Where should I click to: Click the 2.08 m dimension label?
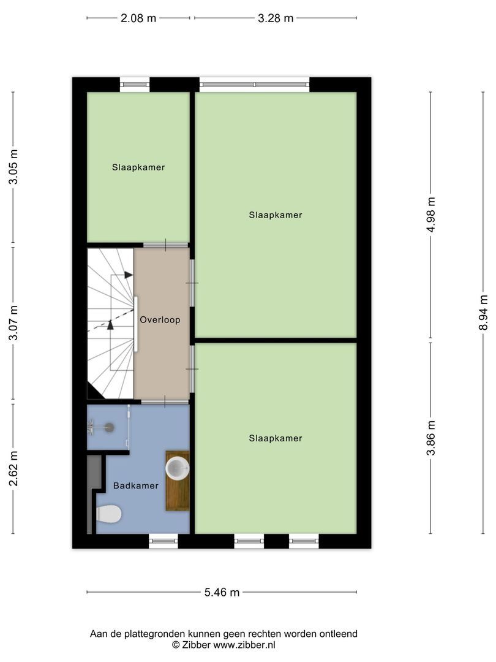138,18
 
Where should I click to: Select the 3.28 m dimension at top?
276,18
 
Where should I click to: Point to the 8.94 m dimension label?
483,312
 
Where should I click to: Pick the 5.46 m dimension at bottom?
222,592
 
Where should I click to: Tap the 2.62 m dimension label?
13,469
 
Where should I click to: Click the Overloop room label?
160,320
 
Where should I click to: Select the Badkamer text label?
136,485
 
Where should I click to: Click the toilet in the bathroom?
109,514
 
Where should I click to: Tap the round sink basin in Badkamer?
177,468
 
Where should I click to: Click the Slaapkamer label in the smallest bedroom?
138,167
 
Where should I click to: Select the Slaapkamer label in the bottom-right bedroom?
276,438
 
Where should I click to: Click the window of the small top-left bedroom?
134,85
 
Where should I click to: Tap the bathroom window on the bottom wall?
163,541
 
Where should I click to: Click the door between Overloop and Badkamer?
165,401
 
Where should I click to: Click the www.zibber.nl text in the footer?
244,645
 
